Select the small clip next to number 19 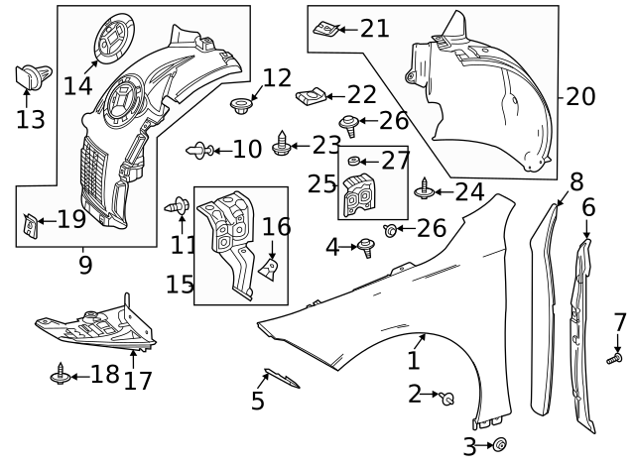coord(31,227)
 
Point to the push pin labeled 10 coord(199,150)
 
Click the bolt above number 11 coord(180,205)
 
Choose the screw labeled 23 coord(283,143)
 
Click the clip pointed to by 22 coord(310,97)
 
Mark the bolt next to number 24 coord(426,186)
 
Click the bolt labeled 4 coord(367,246)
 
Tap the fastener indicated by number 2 coord(447,399)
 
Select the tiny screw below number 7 coord(614,357)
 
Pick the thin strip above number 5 coord(282,380)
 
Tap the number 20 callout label coord(580,97)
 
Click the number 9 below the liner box coord(85,265)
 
